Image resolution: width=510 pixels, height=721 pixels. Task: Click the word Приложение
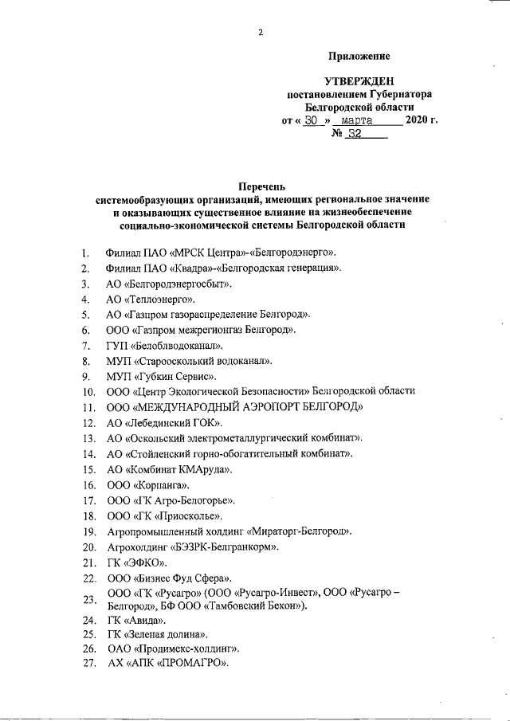[x=359, y=56]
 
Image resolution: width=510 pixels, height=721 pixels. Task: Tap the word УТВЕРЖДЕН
[x=359, y=82]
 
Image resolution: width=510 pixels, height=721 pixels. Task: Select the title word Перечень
[x=261, y=184]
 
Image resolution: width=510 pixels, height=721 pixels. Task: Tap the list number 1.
[x=84, y=254]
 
